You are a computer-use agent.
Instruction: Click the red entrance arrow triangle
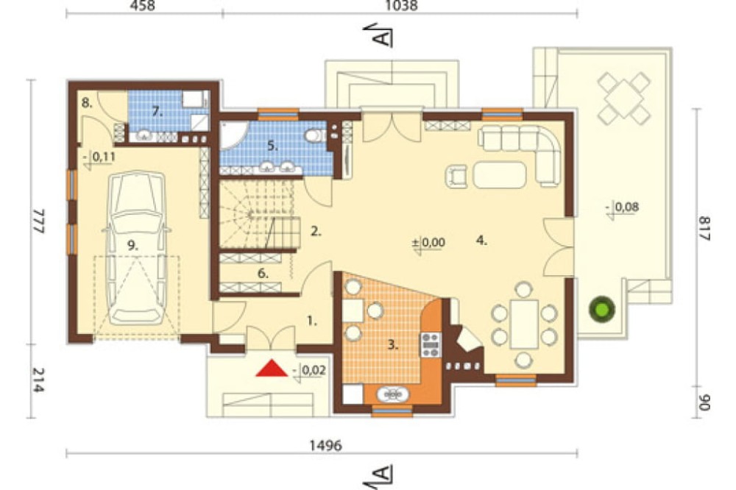pyautogui.click(x=272, y=369)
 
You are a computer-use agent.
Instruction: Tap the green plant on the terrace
pyautogui.click(x=602, y=309)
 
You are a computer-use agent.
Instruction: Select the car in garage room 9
pyautogui.click(x=135, y=248)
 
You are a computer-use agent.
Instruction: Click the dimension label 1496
pyautogui.click(x=326, y=445)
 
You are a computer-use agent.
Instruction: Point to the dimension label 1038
pyautogui.click(x=401, y=6)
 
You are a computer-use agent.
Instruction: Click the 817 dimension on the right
pyautogui.click(x=704, y=229)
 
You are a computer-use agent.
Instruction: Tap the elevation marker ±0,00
pyautogui.click(x=428, y=243)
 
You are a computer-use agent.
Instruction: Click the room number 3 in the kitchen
pyautogui.click(x=393, y=346)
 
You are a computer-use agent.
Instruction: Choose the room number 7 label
pyautogui.click(x=157, y=112)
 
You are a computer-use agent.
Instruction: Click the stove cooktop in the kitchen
pyautogui.click(x=431, y=345)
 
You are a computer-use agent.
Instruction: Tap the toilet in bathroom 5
pyautogui.click(x=314, y=135)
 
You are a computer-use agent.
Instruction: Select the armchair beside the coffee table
pyautogui.click(x=457, y=176)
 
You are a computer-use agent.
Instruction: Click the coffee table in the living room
pyautogui.click(x=500, y=174)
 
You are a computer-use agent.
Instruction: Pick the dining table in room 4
pyautogui.click(x=524, y=324)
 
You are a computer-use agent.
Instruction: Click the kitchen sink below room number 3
pyautogui.click(x=392, y=394)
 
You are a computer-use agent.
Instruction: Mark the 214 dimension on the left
pyautogui.click(x=38, y=380)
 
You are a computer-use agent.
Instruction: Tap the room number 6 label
pyautogui.click(x=263, y=273)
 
